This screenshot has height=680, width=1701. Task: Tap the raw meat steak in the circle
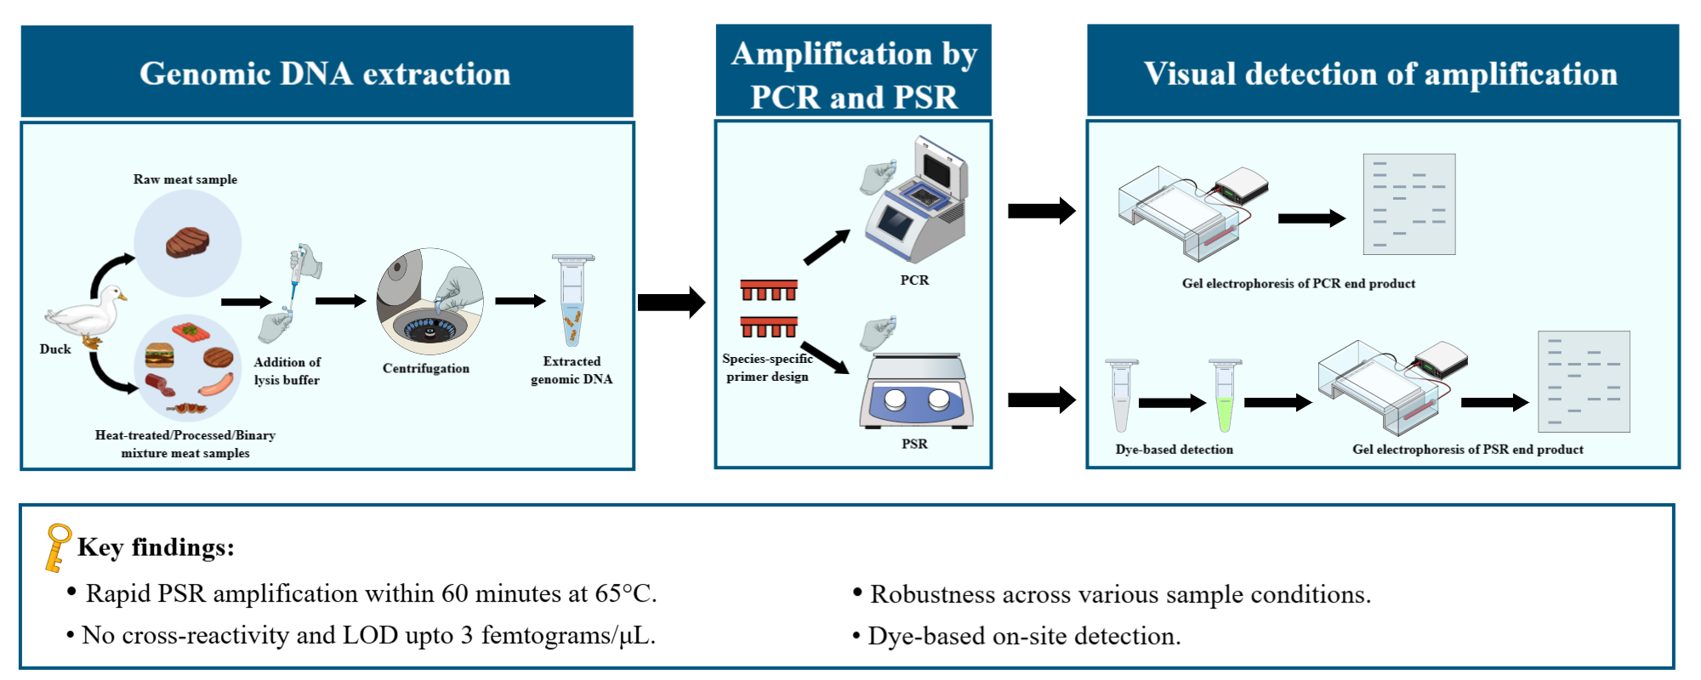[188, 242]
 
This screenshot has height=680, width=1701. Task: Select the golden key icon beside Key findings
[57, 547]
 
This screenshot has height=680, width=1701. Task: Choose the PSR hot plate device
[916, 391]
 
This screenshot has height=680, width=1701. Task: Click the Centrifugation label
[425, 368]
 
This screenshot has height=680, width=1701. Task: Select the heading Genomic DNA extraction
[326, 73]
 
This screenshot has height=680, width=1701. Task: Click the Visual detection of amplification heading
[1380, 73]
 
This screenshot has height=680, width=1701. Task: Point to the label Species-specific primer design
[767, 367]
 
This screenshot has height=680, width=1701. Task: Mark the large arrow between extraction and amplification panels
[671, 302]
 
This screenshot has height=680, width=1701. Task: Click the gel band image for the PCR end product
[1408, 204]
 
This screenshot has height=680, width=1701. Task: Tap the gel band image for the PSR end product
[1584, 382]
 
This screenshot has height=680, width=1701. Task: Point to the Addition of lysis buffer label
[287, 371]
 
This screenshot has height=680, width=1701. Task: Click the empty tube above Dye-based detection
[1121, 395]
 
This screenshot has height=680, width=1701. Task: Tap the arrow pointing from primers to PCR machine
[826, 247]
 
